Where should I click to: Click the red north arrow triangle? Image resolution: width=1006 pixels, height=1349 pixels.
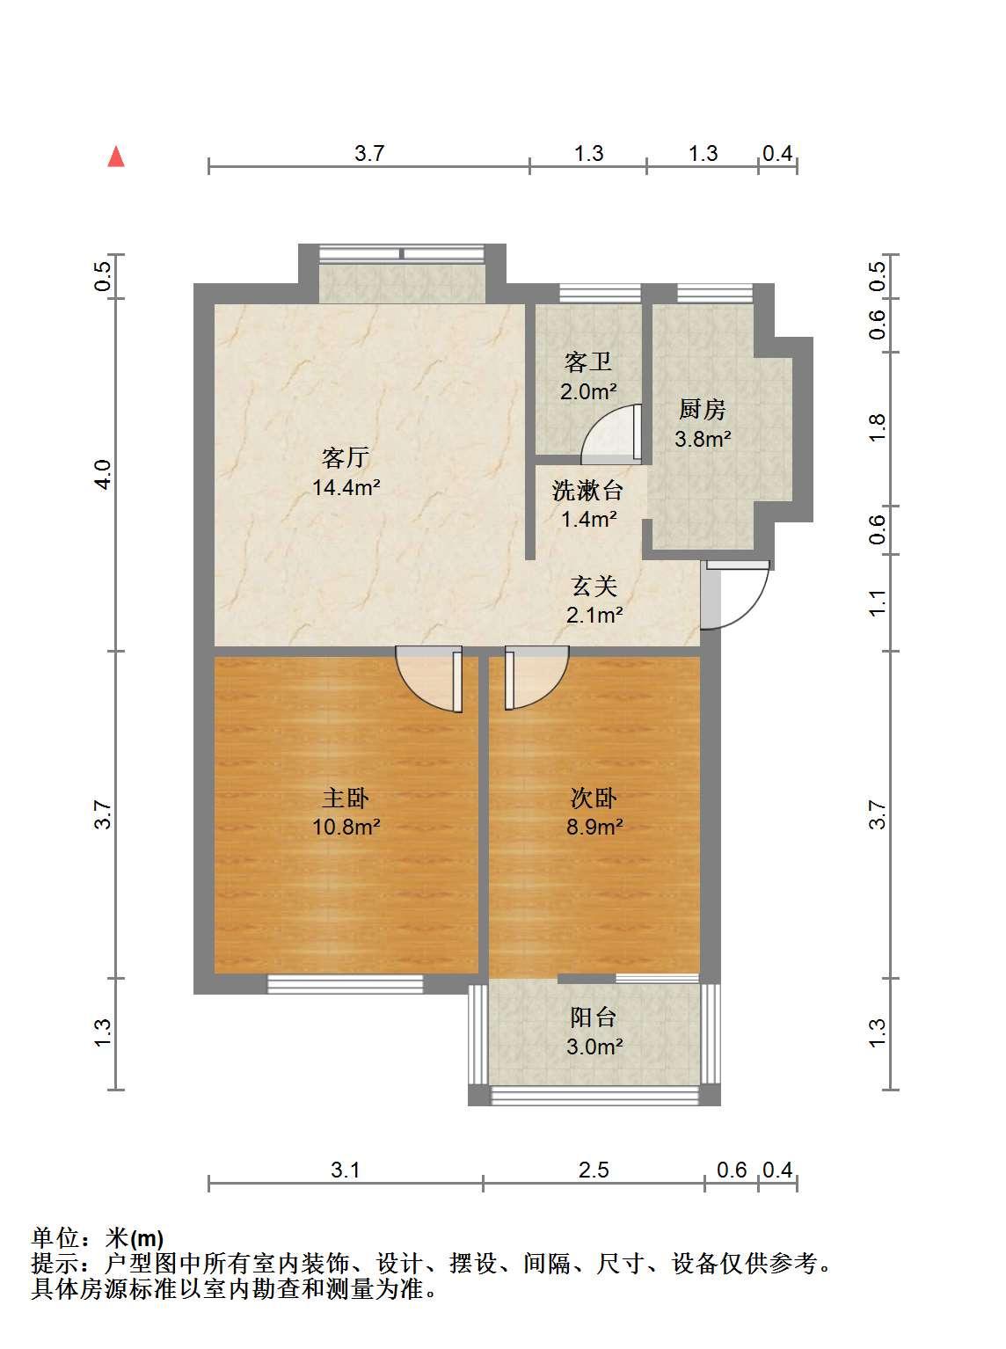click(115, 157)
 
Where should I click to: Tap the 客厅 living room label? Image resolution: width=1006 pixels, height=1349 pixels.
click(346, 457)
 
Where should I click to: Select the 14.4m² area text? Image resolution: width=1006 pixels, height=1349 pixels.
click(346, 487)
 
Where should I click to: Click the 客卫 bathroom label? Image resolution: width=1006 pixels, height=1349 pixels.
click(588, 361)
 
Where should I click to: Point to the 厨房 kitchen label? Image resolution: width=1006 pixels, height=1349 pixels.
click(703, 409)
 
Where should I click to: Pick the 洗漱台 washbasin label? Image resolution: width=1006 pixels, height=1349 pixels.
click(588, 491)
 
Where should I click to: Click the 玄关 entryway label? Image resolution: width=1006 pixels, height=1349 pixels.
click(594, 586)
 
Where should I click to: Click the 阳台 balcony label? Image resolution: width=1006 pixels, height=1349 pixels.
click(594, 1017)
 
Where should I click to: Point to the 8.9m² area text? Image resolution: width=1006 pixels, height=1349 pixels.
click(594, 827)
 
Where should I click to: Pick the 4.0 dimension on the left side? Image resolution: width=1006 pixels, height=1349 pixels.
click(104, 474)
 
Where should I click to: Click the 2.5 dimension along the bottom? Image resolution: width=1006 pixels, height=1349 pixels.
click(594, 1170)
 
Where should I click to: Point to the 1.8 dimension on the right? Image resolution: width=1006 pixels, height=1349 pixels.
click(878, 428)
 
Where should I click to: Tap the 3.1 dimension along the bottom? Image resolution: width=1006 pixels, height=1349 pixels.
click(346, 1170)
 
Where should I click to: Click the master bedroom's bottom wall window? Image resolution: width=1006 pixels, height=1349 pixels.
click(346, 984)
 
